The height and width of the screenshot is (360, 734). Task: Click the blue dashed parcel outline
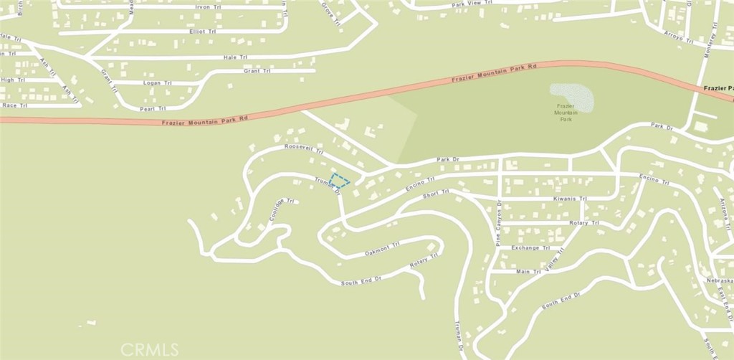340,181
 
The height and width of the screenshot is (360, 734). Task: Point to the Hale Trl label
230,57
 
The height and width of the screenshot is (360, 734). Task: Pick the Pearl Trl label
152,108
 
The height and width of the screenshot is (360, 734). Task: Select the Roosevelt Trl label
304,151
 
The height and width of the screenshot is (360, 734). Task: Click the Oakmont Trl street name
382,248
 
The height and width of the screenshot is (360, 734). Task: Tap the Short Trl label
435,193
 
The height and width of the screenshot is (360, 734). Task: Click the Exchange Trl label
530,248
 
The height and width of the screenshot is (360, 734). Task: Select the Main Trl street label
528,272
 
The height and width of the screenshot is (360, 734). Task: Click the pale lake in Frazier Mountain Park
572,97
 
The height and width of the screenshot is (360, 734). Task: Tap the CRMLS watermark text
149,349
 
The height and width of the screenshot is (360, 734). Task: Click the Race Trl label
14,105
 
